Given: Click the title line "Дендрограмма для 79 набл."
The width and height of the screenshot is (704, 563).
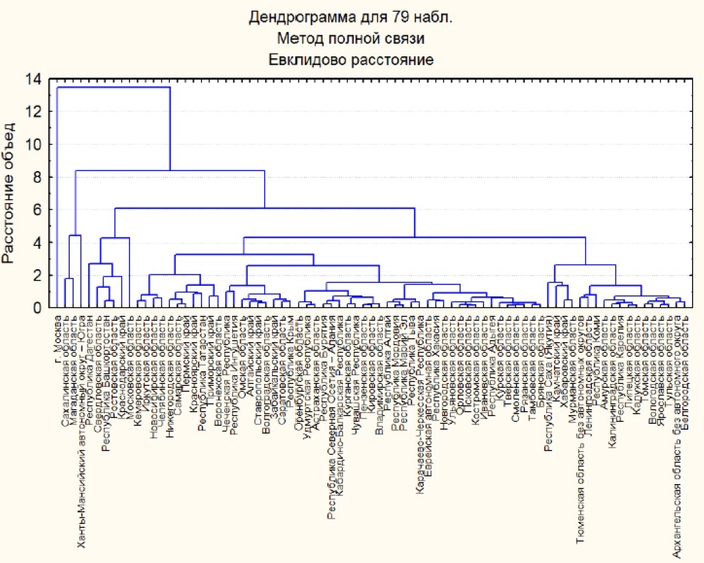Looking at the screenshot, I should pos(350,17).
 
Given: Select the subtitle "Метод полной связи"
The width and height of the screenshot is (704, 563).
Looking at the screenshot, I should pos(350,38).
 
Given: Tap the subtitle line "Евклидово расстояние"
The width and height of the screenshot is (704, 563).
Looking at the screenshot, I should pos(350,60).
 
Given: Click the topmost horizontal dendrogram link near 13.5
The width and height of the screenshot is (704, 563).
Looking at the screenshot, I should pos(113,88).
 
